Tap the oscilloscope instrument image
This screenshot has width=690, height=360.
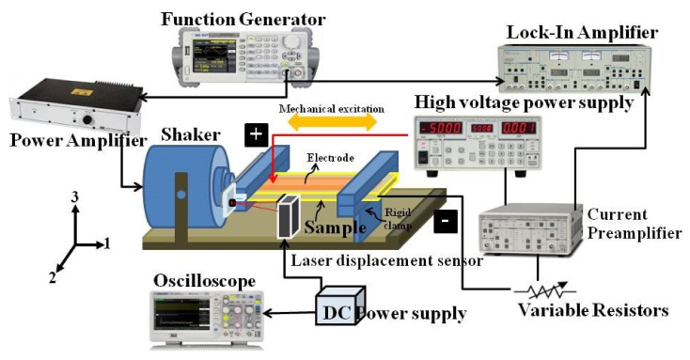[204, 318]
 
